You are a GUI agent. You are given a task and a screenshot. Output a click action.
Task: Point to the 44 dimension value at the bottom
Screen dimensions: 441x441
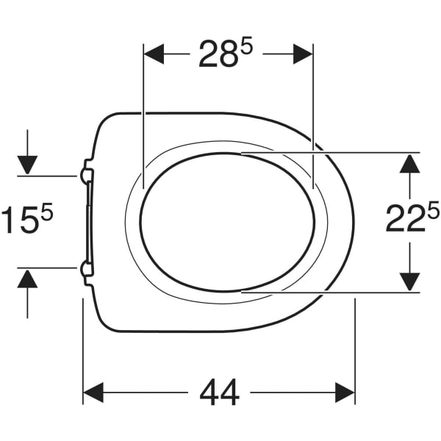click(x=219, y=394)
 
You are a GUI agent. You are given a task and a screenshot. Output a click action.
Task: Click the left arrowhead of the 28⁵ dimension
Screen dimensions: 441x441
click(x=153, y=54)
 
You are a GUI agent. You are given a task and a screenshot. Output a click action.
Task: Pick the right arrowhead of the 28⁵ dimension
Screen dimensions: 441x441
click(x=303, y=54)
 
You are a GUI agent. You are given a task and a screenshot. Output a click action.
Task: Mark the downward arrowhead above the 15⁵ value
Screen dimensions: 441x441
click(x=27, y=165)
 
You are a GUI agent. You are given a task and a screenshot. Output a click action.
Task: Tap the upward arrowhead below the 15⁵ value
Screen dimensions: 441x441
click(x=27, y=279)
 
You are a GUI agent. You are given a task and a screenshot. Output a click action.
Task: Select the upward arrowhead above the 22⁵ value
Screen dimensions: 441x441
click(x=409, y=162)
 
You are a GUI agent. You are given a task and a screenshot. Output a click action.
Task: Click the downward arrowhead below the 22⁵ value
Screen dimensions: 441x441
click(x=409, y=281)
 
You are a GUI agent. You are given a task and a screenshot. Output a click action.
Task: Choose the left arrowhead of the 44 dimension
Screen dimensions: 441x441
click(x=93, y=393)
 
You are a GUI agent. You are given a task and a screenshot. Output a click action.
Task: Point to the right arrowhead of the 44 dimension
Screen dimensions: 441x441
click(x=345, y=393)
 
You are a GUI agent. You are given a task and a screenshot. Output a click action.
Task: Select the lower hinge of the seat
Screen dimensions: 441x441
click(x=86, y=270)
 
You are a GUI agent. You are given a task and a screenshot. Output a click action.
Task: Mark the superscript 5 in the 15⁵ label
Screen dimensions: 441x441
click(x=49, y=213)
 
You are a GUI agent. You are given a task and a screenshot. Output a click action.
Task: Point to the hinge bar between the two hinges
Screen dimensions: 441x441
click(x=88, y=222)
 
